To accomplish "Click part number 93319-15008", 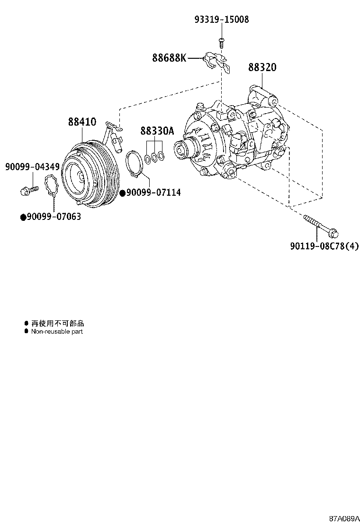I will tap(221, 19).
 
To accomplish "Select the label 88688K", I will tap(169, 58).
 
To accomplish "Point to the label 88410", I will tap(82, 122).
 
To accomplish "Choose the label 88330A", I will tap(157, 131).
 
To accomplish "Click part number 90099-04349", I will tap(32, 166).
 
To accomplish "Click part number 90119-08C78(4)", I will tap(324, 246).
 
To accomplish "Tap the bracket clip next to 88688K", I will tap(216, 62).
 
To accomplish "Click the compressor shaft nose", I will tap(182, 149).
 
